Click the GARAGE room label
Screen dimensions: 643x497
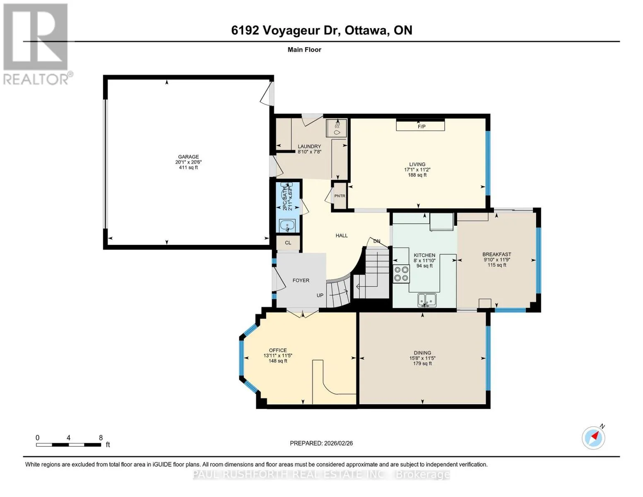click(x=188, y=157)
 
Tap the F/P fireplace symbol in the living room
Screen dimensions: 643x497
click(x=420, y=125)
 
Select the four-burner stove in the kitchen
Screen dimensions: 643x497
click(x=401, y=273)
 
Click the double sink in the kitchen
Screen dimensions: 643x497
click(x=427, y=300)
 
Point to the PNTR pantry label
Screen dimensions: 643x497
click(x=340, y=196)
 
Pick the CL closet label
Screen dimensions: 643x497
click(x=288, y=243)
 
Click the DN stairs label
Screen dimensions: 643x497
click(x=377, y=241)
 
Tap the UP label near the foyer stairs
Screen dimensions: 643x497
click(x=320, y=295)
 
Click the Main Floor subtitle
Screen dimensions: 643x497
click(x=304, y=50)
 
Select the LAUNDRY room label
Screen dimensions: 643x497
click(x=309, y=146)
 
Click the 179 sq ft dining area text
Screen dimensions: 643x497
click(x=422, y=363)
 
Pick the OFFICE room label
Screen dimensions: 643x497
click(x=278, y=350)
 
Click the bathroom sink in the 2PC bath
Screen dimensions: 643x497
click(x=287, y=226)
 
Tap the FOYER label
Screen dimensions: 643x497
click(x=301, y=280)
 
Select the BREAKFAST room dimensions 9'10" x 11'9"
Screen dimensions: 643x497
click(x=497, y=260)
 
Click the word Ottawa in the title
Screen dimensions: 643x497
click(x=366, y=30)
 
